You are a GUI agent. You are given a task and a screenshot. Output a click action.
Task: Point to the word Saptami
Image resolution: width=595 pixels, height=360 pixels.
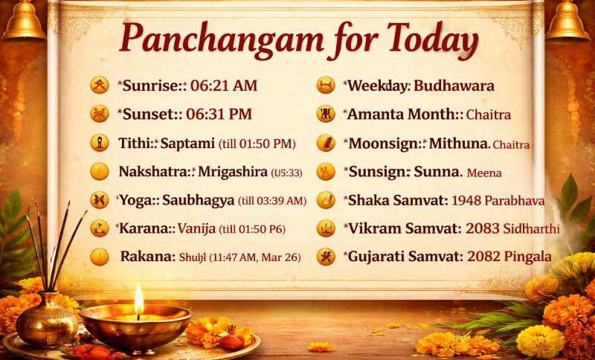190,143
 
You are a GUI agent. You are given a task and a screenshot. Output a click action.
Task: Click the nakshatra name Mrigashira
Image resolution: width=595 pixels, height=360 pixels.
232,172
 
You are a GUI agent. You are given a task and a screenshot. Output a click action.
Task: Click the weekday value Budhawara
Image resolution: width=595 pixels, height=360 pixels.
454,86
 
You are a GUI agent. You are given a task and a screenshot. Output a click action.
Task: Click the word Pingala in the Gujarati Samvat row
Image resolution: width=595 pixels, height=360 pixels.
527,257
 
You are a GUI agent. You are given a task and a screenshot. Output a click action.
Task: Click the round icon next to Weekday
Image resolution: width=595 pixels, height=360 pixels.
325,86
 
